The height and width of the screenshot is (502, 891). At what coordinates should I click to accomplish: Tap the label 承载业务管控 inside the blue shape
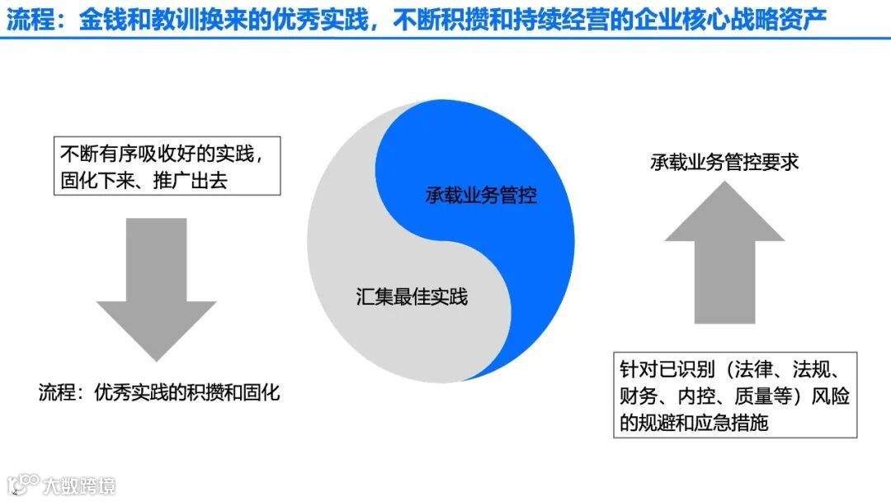pos(481,196)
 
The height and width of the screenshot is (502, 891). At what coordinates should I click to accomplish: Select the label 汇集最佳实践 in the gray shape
pos(412,296)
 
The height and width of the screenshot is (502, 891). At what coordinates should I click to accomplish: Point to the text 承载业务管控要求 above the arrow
pos(724,162)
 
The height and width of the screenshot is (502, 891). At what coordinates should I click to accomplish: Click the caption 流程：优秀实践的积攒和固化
pos(159,392)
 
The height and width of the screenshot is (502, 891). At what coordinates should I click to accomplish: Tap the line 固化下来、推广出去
pos(144,180)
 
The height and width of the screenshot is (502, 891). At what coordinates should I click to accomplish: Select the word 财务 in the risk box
pos(638,396)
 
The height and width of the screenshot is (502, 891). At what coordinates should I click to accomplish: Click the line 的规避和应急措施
pos(695,424)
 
